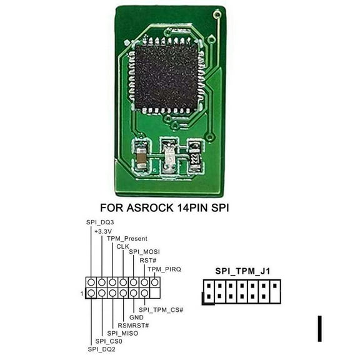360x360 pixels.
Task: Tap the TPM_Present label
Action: click(x=127, y=239)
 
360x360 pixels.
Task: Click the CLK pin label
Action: click(x=122, y=246)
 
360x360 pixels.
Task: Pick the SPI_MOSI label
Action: click(x=144, y=252)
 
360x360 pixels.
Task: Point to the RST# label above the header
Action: click(x=147, y=260)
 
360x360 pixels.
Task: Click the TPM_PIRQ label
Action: click(x=164, y=269)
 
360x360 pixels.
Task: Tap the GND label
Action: click(x=137, y=317)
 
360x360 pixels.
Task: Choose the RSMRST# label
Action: click(x=133, y=325)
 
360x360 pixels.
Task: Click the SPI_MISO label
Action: click(x=122, y=333)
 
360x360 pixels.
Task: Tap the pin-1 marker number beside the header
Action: click(x=83, y=292)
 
